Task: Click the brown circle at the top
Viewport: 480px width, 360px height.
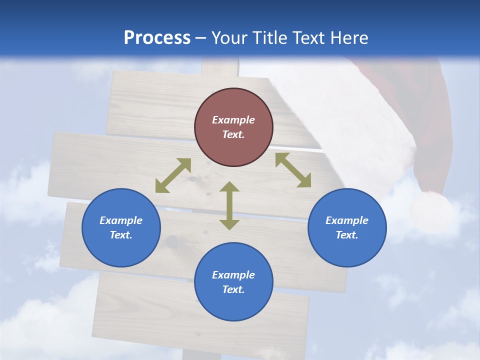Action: (233, 127)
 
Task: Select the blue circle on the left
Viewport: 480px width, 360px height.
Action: (121, 227)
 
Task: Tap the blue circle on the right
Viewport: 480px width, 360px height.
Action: (347, 227)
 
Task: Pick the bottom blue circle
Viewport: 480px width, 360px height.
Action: (233, 282)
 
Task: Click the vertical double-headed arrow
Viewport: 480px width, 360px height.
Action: (229, 205)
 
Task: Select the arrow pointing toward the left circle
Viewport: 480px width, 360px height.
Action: (173, 175)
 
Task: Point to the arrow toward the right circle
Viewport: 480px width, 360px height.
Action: (293, 170)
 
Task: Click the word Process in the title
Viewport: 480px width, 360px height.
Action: (157, 37)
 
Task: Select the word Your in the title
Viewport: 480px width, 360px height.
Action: (229, 37)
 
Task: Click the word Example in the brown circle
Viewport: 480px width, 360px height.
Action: (233, 120)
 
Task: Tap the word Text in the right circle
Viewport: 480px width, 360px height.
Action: (347, 235)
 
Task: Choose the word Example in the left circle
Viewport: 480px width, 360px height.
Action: (121, 220)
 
